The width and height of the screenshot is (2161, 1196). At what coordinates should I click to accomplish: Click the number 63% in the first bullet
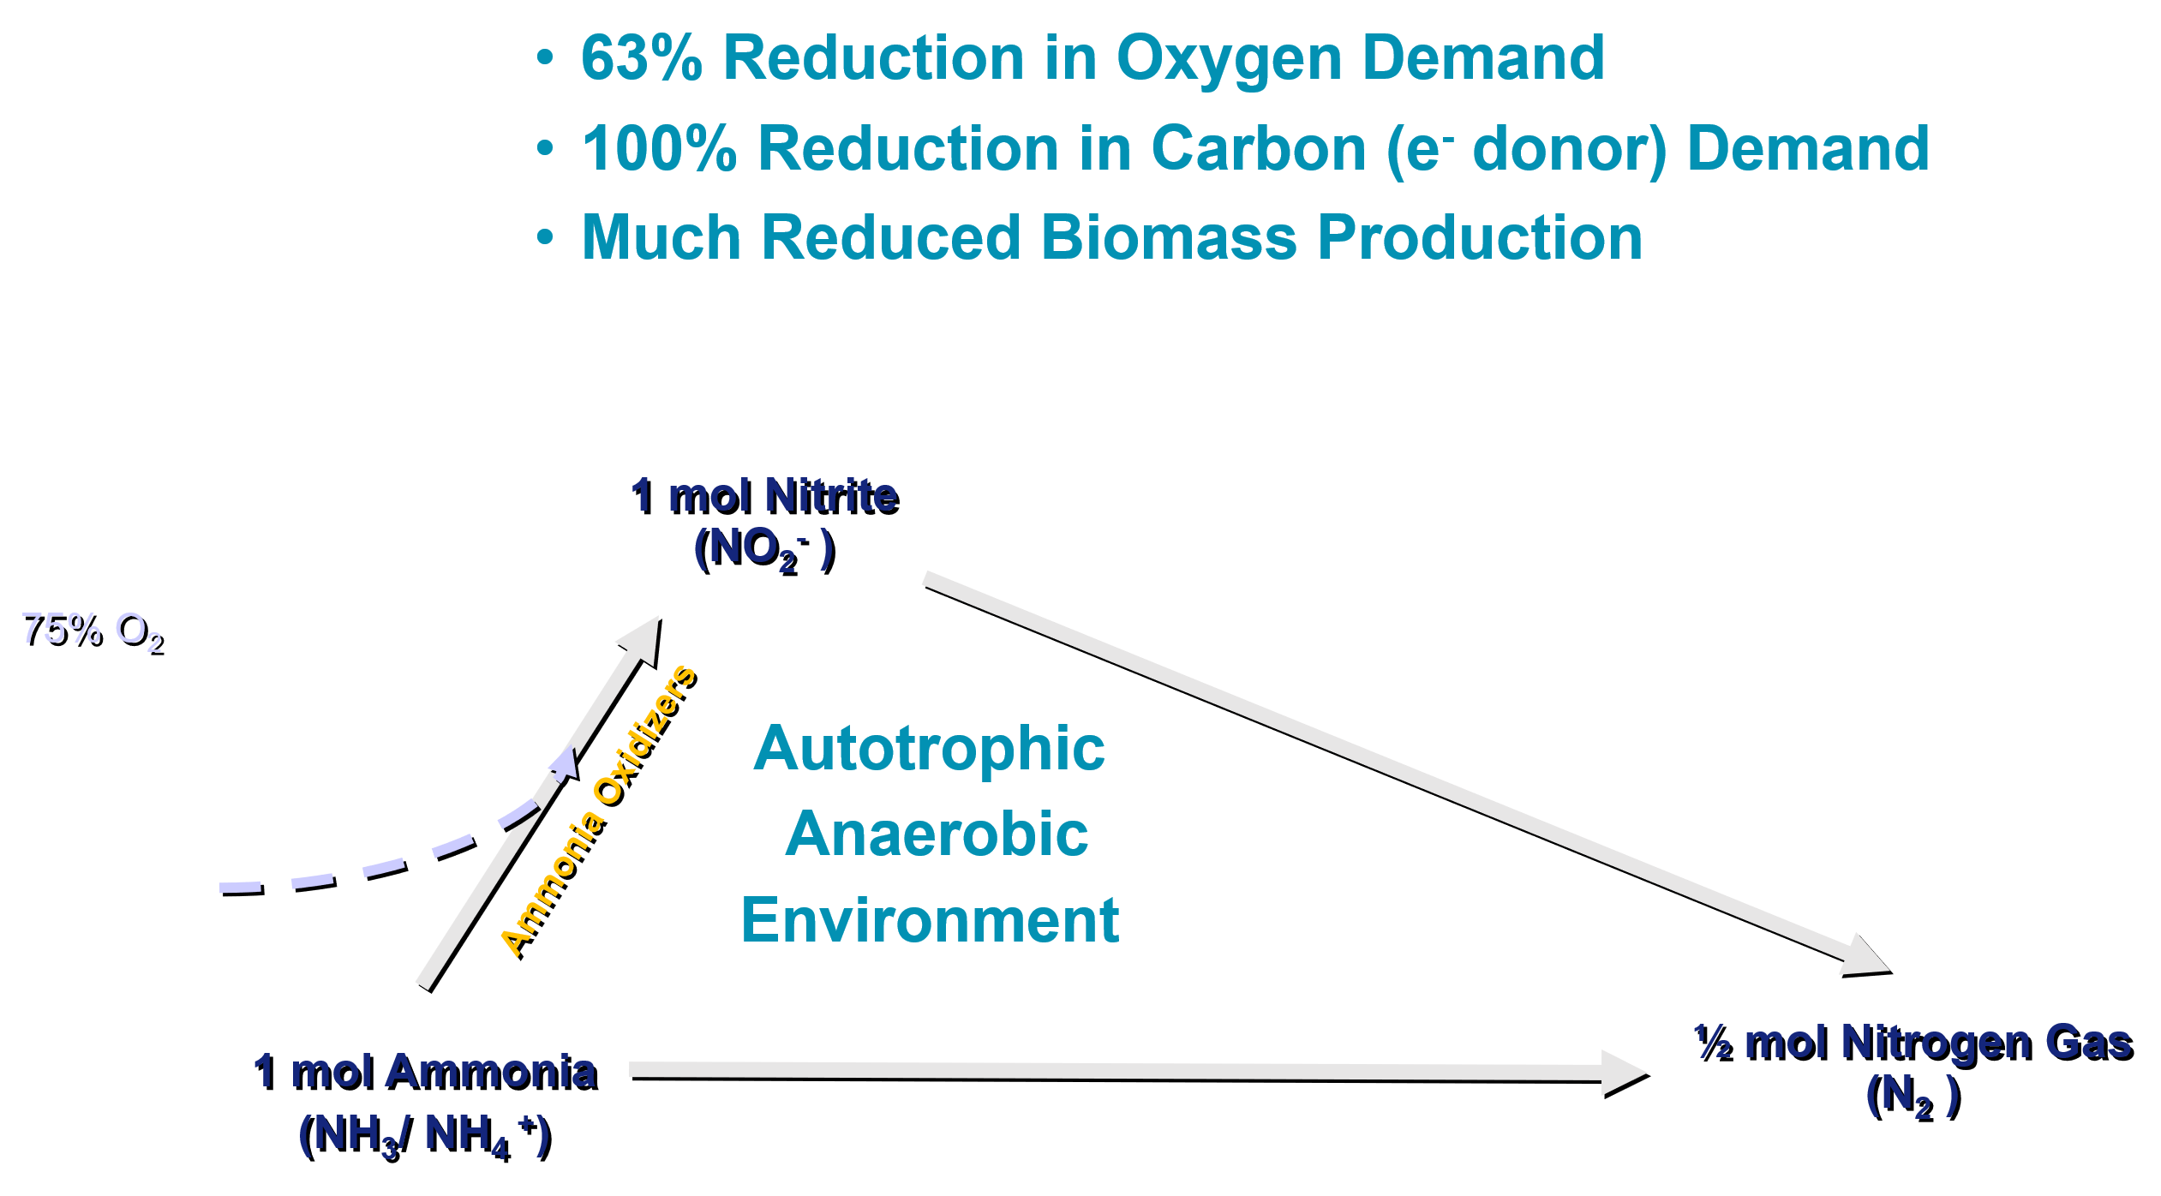(x=641, y=58)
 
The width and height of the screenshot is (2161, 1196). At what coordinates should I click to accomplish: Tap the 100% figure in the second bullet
(x=659, y=148)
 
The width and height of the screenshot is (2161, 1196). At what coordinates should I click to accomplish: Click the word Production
(x=1480, y=237)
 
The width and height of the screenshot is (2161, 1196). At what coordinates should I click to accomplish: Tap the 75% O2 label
(x=93, y=633)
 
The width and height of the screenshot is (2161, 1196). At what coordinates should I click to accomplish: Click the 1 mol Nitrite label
(x=765, y=497)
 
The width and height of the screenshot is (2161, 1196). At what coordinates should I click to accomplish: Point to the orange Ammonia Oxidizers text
(x=600, y=810)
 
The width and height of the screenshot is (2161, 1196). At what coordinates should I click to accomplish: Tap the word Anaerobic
(x=936, y=834)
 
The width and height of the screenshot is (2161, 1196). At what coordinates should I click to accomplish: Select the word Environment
(x=930, y=920)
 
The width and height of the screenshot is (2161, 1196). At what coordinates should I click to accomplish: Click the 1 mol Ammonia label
(x=426, y=1073)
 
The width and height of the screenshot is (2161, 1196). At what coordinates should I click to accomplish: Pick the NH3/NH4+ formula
(x=426, y=1137)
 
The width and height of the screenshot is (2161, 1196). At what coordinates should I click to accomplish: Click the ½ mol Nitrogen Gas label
(x=1913, y=1044)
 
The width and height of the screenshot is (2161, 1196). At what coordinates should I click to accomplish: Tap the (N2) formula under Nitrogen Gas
(x=1913, y=1097)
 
